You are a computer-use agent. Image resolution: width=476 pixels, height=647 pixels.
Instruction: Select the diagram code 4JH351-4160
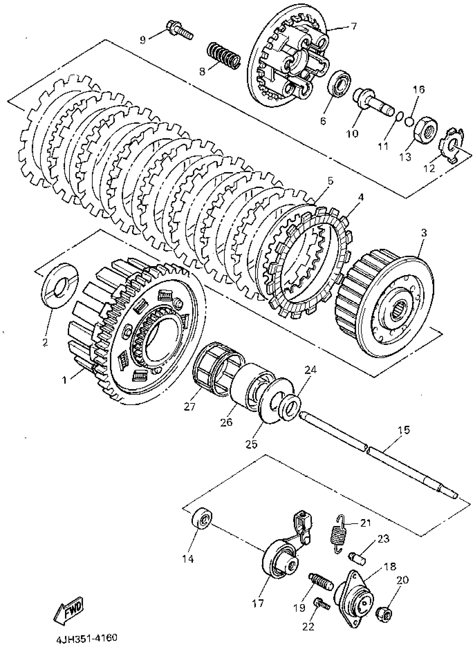tap(87, 637)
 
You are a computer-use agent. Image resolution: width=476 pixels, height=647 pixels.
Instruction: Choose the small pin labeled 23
tap(357, 558)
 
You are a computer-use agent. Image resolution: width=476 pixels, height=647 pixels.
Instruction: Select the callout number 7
tap(353, 27)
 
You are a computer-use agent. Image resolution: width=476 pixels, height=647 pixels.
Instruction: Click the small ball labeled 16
tap(409, 121)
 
